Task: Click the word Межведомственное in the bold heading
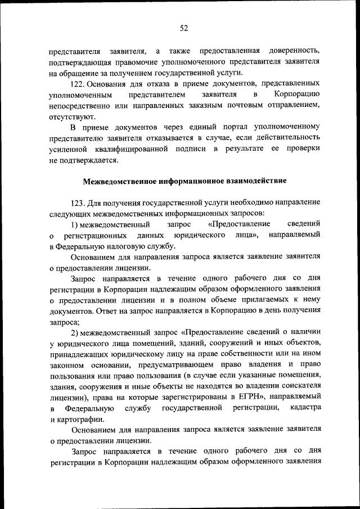click(120, 181)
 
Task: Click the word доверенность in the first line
click(295, 49)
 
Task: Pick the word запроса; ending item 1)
click(65, 323)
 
